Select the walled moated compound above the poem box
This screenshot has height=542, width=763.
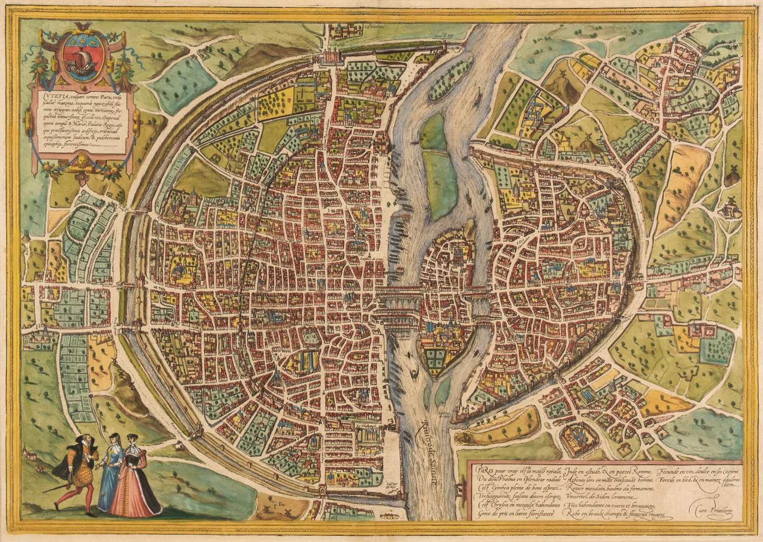coord(576,430)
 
